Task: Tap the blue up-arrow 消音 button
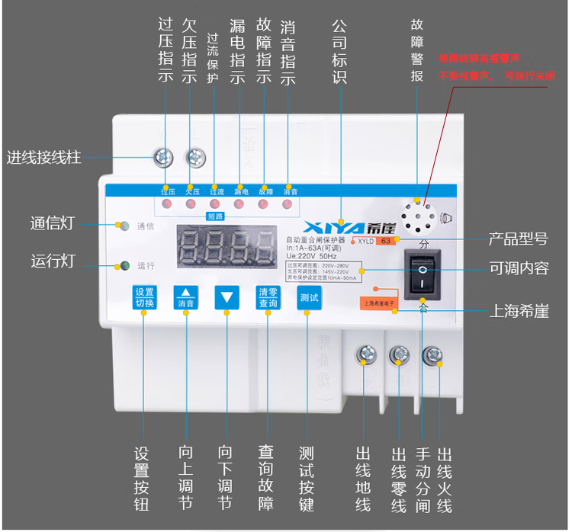point(186,298)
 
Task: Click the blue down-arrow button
point(227,298)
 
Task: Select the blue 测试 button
point(309,298)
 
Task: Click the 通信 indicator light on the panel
point(122,226)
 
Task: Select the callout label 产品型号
point(518,239)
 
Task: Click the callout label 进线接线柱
point(43,158)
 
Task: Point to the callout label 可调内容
point(518,270)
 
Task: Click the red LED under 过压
point(166,204)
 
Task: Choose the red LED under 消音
point(288,204)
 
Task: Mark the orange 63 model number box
point(386,241)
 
